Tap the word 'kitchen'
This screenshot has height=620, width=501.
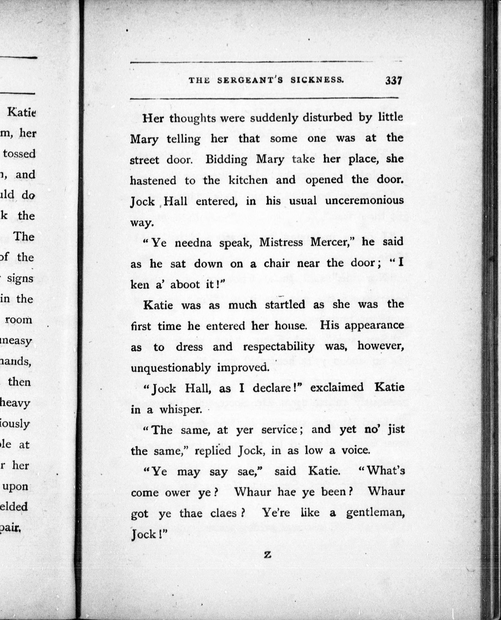(x=248, y=180)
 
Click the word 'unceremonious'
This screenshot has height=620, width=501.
(x=364, y=201)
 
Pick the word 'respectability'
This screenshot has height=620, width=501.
(x=279, y=346)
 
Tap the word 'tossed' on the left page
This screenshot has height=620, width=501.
(x=19, y=154)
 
